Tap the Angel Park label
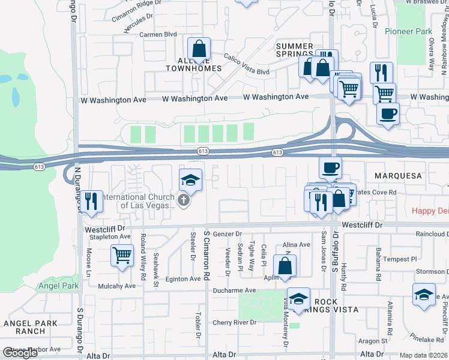(x=59, y=286)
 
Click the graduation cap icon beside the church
(x=190, y=179)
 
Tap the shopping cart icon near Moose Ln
(x=122, y=255)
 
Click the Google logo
(x=20, y=353)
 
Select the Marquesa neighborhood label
(x=399, y=176)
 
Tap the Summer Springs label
(x=294, y=50)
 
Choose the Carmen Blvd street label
(x=158, y=35)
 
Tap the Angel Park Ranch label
(x=30, y=327)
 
